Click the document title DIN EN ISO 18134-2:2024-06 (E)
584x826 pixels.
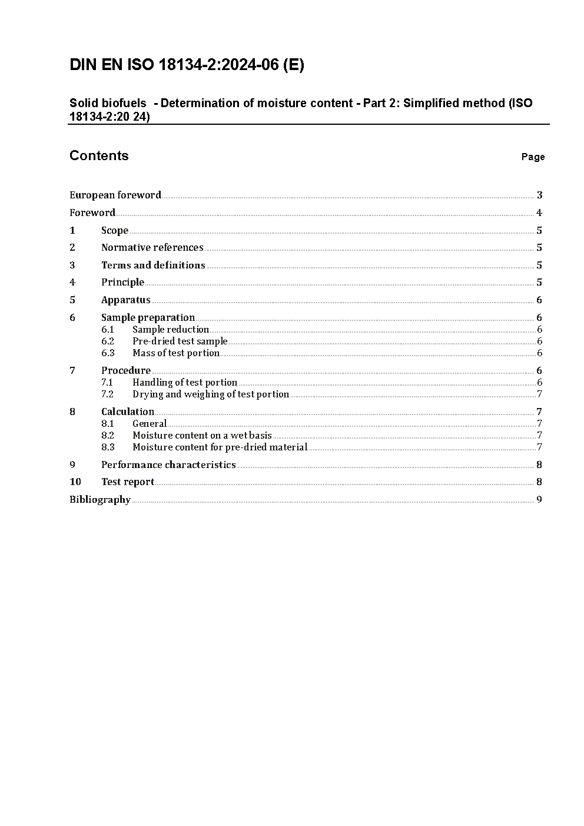tap(187, 65)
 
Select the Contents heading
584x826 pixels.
tap(99, 155)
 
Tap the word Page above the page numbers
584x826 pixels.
tap(533, 157)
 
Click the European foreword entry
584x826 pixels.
tap(115, 195)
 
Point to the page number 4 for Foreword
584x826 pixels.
tap(539, 213)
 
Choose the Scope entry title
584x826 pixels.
tap(115, 230)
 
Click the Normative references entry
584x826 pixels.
tap(152, 247)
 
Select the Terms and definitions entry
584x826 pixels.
tap(153, 265)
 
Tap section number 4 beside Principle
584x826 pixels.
tap(72, 282)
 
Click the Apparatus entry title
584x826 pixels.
tap(126, 300)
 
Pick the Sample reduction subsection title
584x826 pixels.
tap(171, 329)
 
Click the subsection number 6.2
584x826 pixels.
tap(108, 341)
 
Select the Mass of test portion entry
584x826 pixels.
tap(176, 353)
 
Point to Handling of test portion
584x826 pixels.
tap(185, 382)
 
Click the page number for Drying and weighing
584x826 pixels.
tap(539, 394)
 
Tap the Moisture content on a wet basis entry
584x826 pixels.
tap(202, 435)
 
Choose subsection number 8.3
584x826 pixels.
tap(108, 447)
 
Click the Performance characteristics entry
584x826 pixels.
tap(168, 465)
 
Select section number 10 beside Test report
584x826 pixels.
tap(75, 482)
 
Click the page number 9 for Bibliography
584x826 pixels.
tap(539, 499)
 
